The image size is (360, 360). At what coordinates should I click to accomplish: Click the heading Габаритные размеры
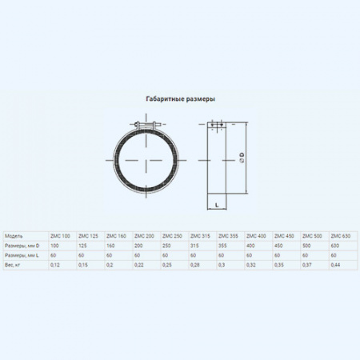pyautogui.click(x=180, y=98)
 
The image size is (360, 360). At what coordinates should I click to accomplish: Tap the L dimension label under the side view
pyautogui.click(x=217, y=206)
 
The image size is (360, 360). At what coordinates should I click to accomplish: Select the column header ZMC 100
pyautogui.click(x=60, y=236)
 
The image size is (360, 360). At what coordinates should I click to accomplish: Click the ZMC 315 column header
pyautogui.click(x=200, y=236)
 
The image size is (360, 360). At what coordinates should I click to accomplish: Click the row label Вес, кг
pyautogui.click(x=15, y=264)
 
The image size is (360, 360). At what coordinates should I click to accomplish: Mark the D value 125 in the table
pyautogui.click(x=83, y=245)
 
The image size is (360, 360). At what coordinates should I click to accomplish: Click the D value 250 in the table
pyautogui.click(x=166, y=245)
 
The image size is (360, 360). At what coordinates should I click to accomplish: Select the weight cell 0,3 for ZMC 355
pyautogui.click(x=222, y=264)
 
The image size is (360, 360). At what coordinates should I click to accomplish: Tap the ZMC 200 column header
pyautogui.click(x=145, y=236)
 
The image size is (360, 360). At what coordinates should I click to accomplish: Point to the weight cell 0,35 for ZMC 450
pyautogui.click(x=279, y=264)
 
